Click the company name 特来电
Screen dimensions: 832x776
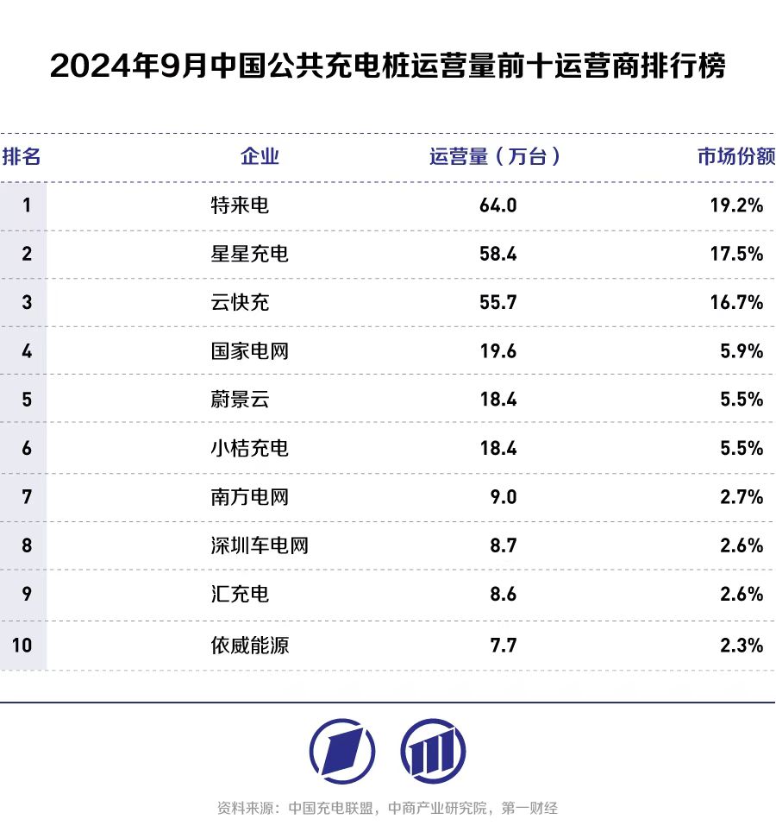(240, 205)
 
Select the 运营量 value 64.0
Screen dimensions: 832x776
(498, 205)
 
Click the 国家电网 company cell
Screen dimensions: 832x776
(249, 351)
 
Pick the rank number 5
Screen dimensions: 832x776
(27, 400)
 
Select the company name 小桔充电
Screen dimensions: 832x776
(249, 448)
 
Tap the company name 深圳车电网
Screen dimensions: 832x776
(259, 545)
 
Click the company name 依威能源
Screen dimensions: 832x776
(249, 644)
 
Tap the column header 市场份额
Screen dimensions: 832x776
(735, 156)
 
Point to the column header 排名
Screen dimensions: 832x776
(22, 156)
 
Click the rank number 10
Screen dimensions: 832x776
(22, 644)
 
